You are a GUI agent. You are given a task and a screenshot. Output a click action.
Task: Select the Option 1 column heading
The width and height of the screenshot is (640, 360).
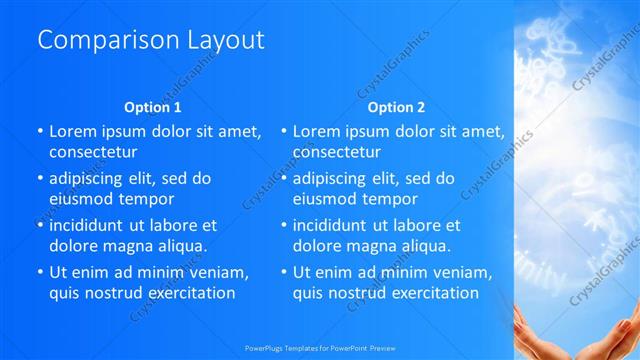153,107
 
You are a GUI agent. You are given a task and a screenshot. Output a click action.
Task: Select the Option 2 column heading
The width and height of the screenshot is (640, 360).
396,107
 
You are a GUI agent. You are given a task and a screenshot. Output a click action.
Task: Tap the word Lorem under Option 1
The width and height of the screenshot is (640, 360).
73,131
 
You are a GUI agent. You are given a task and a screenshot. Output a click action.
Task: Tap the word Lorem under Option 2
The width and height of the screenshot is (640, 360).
317,131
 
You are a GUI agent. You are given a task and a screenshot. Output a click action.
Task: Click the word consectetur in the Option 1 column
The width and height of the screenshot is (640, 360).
93,152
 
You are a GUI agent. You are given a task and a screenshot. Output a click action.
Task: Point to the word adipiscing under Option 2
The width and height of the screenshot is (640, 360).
333,179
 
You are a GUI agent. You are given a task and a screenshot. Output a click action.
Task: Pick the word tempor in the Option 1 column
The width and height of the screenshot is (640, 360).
142,199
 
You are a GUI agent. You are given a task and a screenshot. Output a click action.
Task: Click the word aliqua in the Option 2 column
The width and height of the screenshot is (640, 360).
425,246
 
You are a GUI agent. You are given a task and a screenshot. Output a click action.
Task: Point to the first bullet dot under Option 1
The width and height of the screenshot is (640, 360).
40,131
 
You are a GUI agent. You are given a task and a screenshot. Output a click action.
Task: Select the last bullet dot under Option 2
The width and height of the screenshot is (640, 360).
284,272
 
